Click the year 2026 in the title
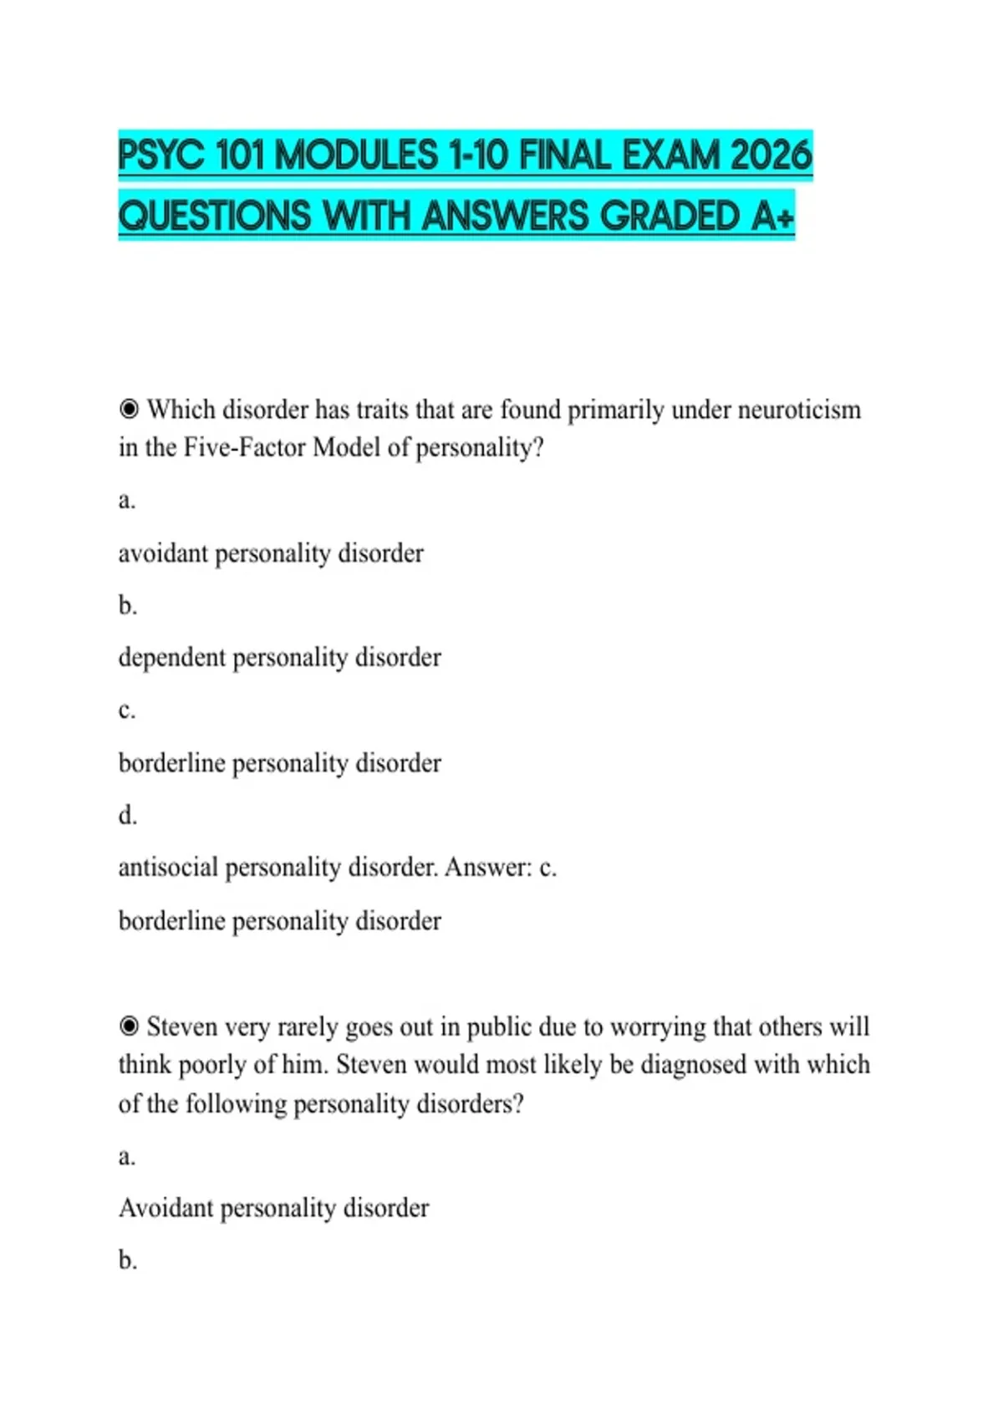(771, 155)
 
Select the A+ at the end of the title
(772, 216)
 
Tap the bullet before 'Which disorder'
(129, 410)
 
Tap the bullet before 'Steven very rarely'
(129, 1026)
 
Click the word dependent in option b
(172, 658)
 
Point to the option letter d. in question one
(127, 815)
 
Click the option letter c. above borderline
(127, 710)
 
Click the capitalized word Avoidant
(165, 1208)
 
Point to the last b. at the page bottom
(127, 1260)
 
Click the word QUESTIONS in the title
(215, 216)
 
